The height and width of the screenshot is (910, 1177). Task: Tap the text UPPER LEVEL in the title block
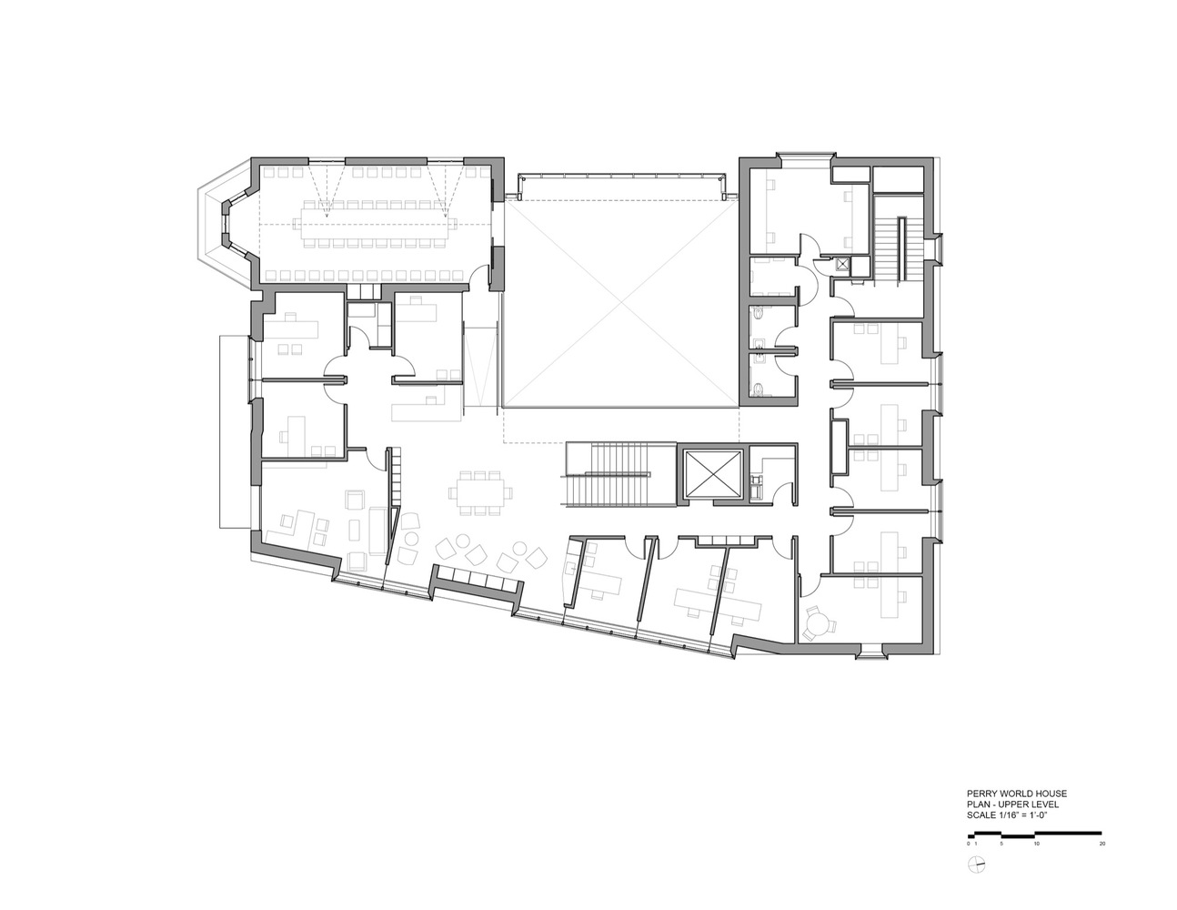tap(1030, 805)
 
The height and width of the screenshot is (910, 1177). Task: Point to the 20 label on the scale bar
tap(1102, 844)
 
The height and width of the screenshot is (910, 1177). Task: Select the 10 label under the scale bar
tap(1036, 844)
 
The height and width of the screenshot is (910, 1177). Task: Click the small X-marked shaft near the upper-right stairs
tap(843, 265)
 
